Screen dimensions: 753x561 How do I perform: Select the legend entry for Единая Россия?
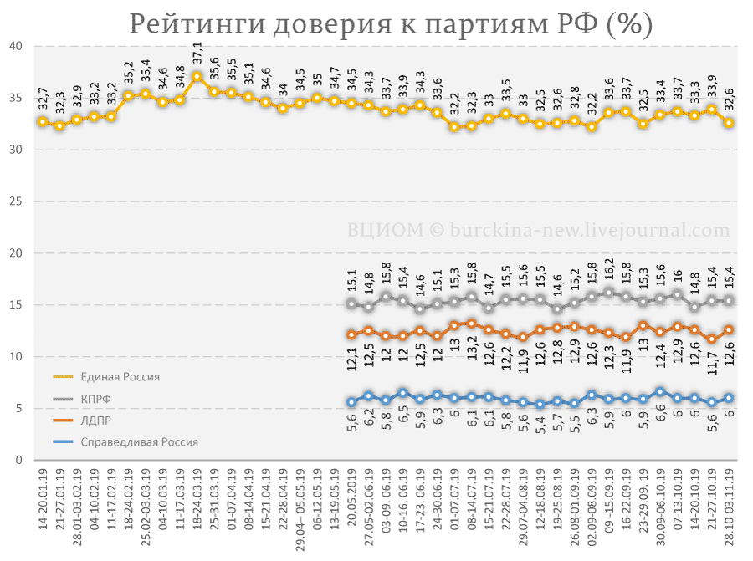pos(106,377)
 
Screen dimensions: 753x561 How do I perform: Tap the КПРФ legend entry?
pos(82,399)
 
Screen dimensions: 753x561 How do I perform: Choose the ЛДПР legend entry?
pos(82,421)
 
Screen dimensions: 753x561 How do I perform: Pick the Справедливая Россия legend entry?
pos(125,442)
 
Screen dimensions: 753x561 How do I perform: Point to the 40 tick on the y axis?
pos(16,46)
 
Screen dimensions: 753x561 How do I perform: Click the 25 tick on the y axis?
pos(16,201)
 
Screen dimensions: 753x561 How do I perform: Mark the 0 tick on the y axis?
pos(18,460)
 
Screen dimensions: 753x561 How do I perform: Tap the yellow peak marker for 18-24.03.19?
pos(197,76)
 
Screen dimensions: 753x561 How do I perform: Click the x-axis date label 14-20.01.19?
pos(44,499)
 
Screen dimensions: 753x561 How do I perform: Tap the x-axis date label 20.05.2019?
pos(352,498)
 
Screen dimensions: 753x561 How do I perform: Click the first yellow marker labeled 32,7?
pos(43,122)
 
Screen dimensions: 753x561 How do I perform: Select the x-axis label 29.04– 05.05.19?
pos(300,509)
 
